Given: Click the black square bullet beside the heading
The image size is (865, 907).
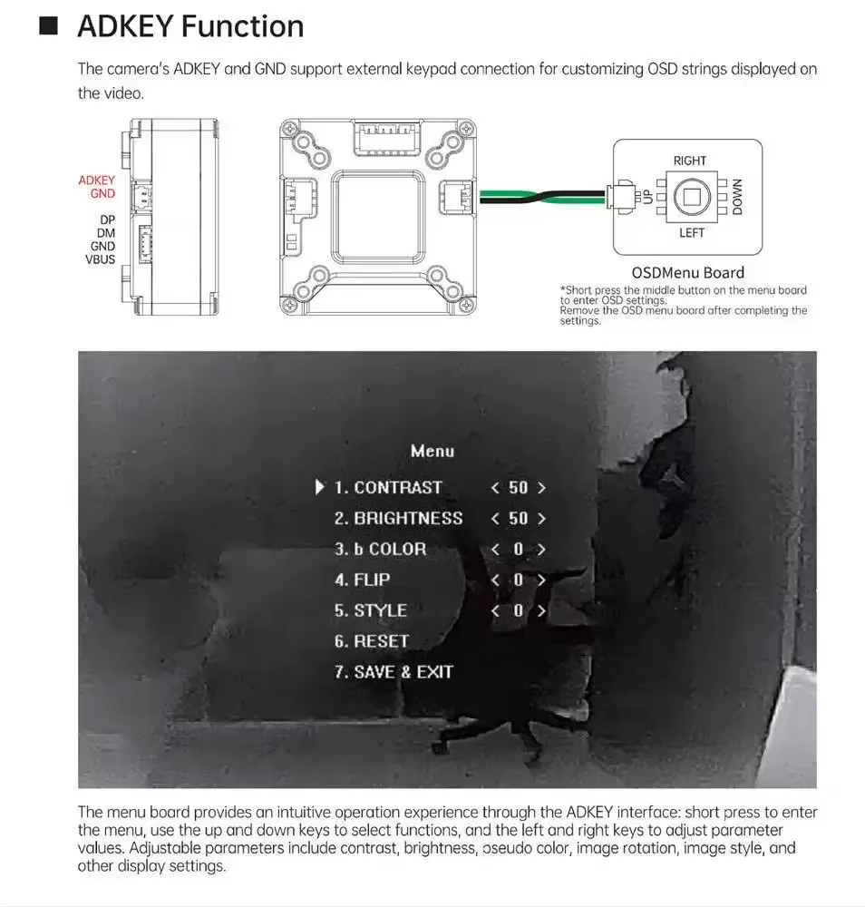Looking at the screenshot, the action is click(49, 26).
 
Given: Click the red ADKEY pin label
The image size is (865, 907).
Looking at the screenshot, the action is click(96, 180).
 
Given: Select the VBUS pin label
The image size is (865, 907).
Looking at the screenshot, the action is click(100, 259).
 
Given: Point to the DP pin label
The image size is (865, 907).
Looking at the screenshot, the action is click(108, 219).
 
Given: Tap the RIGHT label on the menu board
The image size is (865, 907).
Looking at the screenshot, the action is click(690, 161).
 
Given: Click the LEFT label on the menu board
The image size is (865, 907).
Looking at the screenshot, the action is click(692, 233).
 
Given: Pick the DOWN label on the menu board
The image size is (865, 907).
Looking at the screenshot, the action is click(737, 197).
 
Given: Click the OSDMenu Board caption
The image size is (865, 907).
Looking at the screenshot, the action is click(687, 272).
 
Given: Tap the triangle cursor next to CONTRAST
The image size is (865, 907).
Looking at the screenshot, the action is click(319, 487).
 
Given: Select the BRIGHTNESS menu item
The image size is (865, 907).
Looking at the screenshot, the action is click(398, 518).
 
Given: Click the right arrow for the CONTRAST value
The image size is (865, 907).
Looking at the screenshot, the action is click(541, 488).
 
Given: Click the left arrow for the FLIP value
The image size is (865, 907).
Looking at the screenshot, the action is click(495, 580).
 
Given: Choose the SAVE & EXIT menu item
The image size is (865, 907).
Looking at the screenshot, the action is click(394, 672).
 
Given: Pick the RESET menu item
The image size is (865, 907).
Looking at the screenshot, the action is click(372, 641).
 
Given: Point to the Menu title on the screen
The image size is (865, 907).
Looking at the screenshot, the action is click(432, 451).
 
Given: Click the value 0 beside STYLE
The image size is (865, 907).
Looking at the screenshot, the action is click(518, 610).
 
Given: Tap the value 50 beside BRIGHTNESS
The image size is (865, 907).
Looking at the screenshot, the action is click(518, 518).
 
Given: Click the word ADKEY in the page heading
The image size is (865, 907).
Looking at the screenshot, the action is click(125, 26).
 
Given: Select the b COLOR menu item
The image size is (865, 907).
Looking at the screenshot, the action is click(381, 549).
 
